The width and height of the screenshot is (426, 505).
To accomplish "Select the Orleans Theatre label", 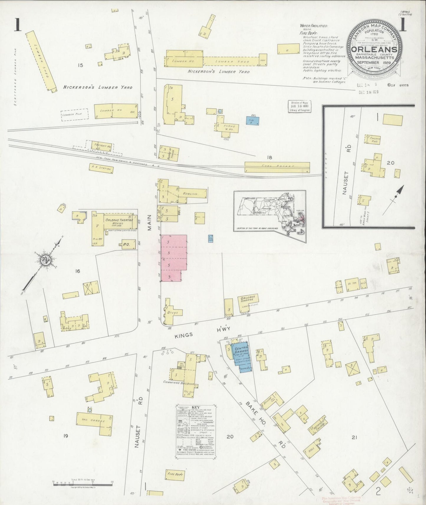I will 119,220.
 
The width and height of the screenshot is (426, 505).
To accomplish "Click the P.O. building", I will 126,244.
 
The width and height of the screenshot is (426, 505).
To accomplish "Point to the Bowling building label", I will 190,194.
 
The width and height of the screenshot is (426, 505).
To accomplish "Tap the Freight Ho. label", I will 102,146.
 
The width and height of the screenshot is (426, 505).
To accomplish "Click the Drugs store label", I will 172,313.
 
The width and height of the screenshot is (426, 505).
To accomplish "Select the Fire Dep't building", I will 176,474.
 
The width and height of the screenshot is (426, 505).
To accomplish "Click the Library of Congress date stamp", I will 299,106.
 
